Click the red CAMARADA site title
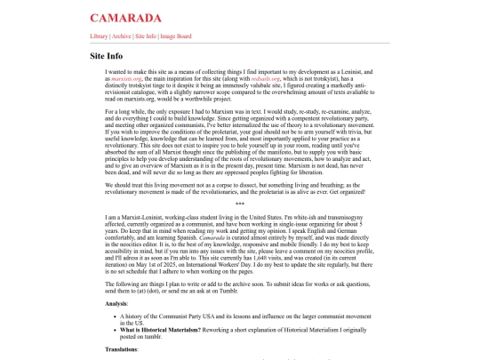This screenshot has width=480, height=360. tap(125, 17)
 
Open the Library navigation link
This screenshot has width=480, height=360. tap(100, 36)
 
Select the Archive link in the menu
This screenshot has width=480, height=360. tap(122, 36)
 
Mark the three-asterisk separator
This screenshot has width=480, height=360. tap(240, 179)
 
